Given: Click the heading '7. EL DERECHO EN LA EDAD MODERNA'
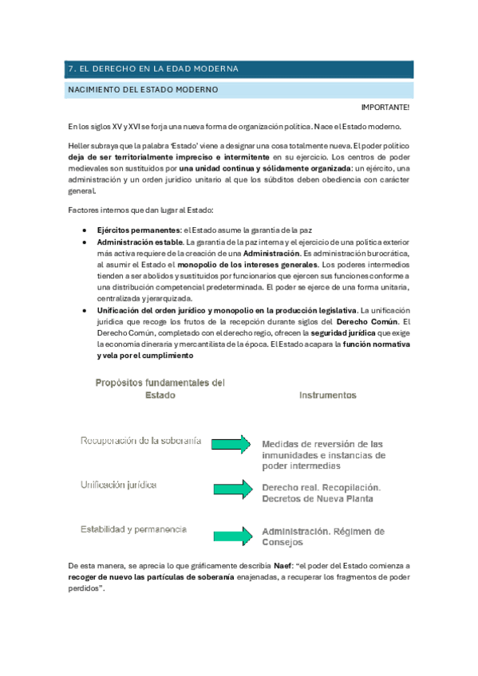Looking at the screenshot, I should coord(152,69).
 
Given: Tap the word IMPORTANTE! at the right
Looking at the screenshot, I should coord(385,107).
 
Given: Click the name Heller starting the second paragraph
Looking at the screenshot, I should coord(80,146).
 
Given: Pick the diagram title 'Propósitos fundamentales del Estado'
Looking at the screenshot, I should coord(160,388).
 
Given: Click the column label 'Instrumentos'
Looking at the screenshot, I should coord(327,395).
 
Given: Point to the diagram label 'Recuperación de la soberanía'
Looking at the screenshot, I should coord(140,441).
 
